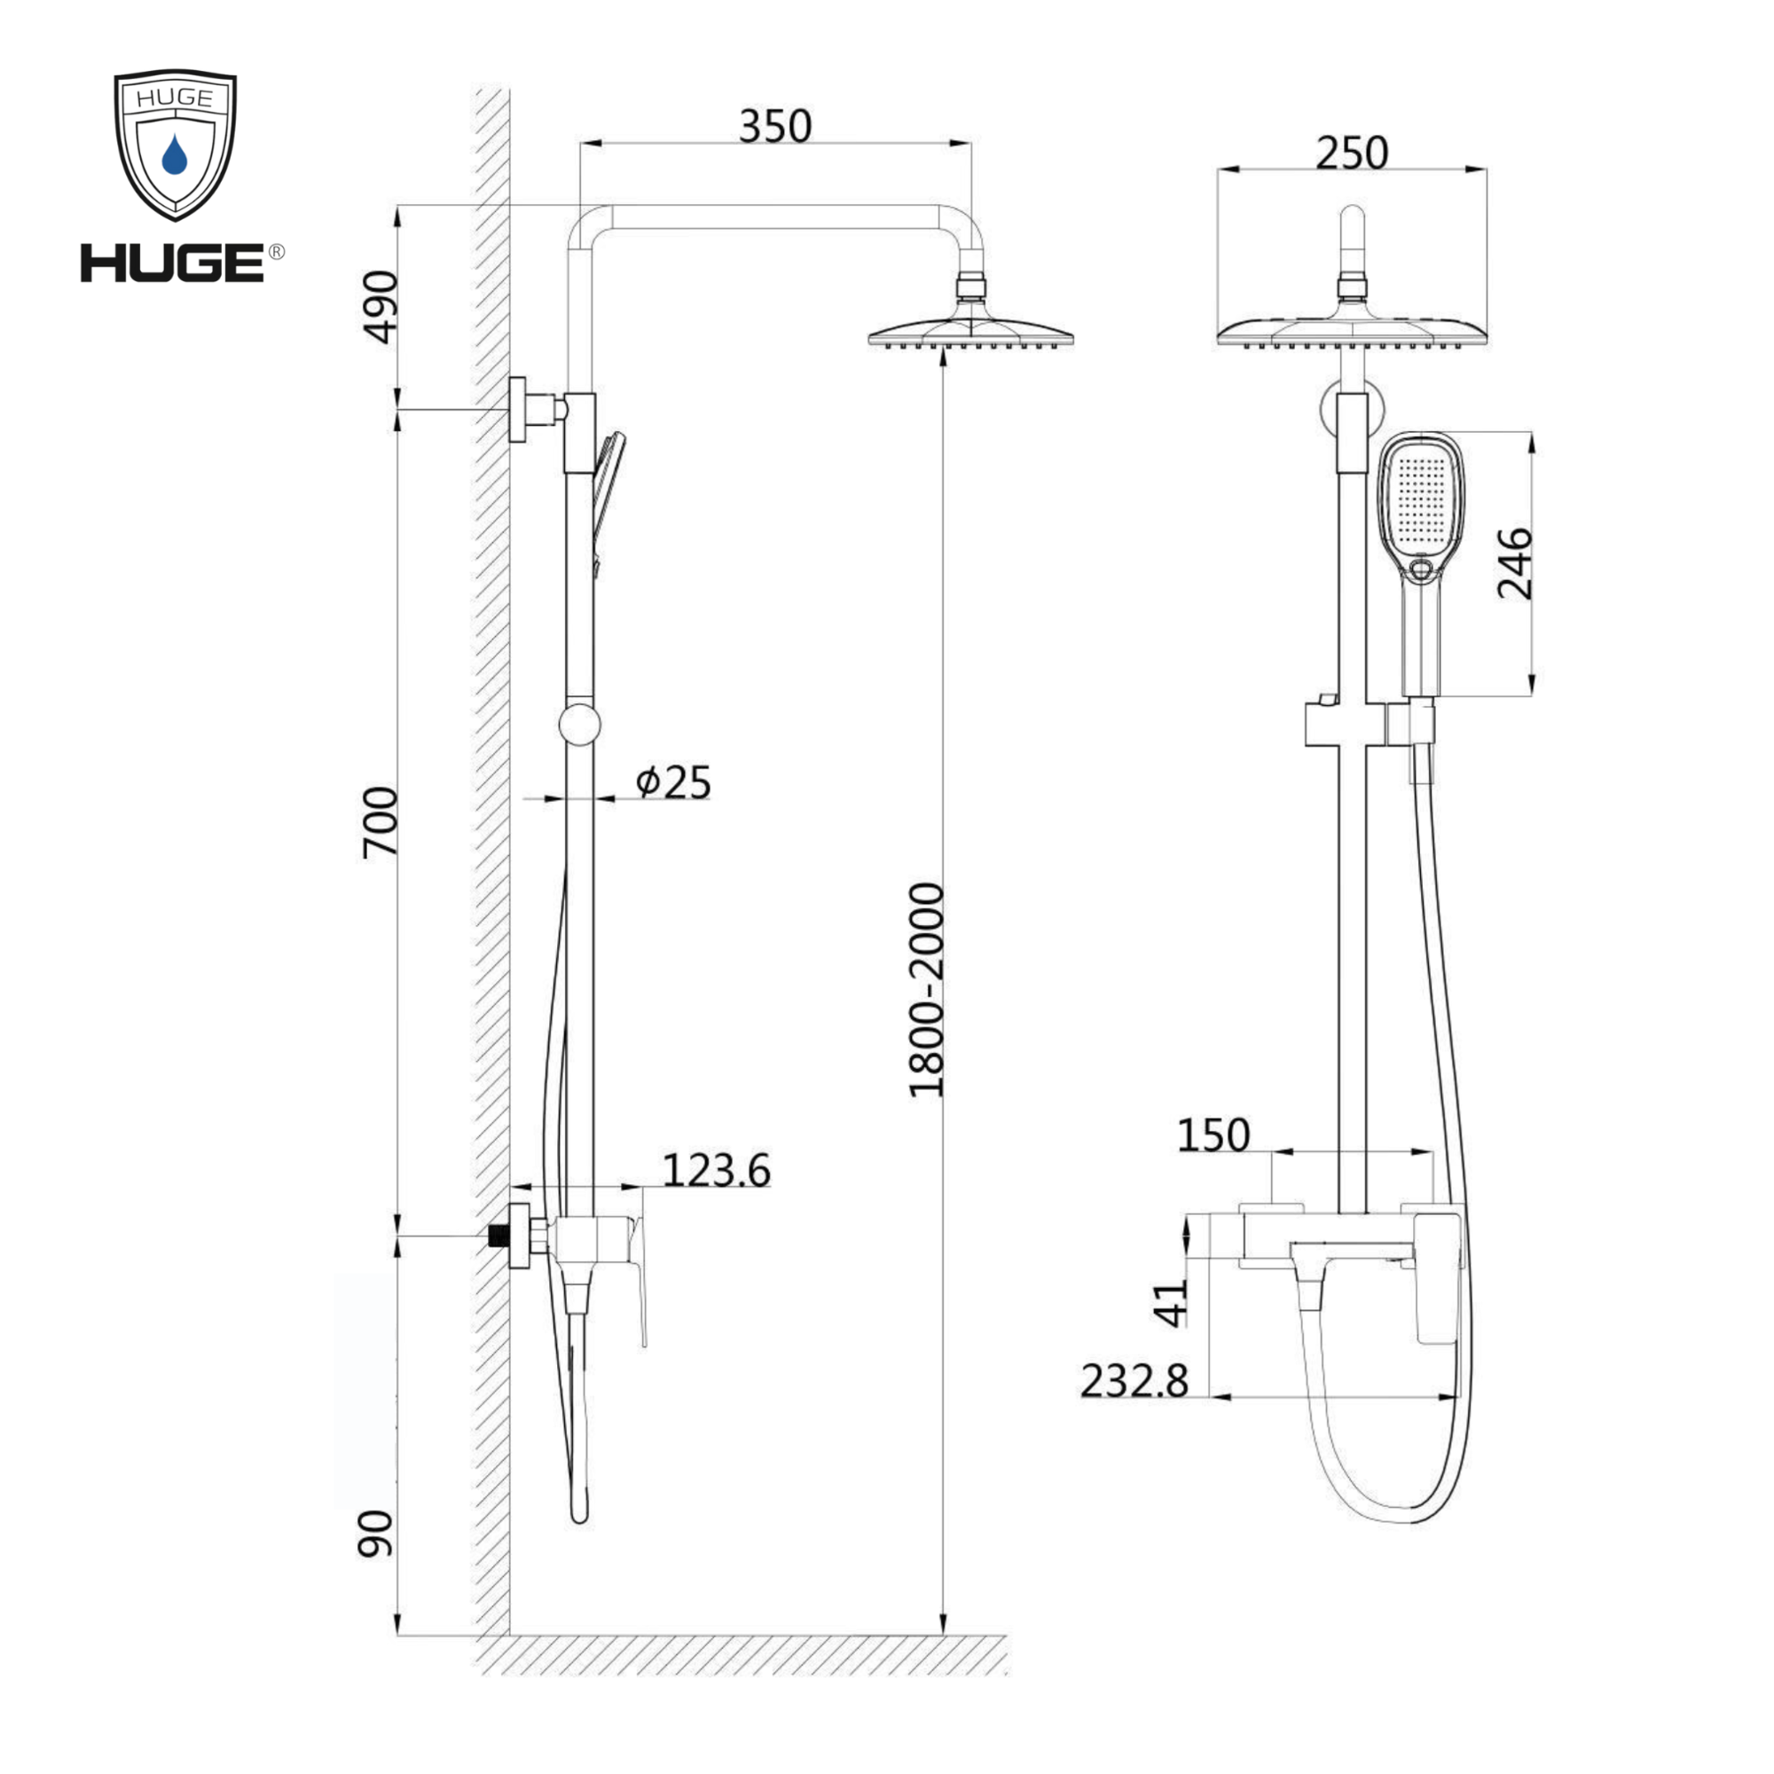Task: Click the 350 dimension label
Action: click(775, 127)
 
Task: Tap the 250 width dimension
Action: click(1352, 153)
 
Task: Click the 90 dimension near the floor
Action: click(375, 1535)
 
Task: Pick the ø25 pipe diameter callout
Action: click(673, 782)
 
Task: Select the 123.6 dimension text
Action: click(716, 1171)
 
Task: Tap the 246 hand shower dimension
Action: click(1515, 564)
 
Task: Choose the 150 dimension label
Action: click(1214, 1136)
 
